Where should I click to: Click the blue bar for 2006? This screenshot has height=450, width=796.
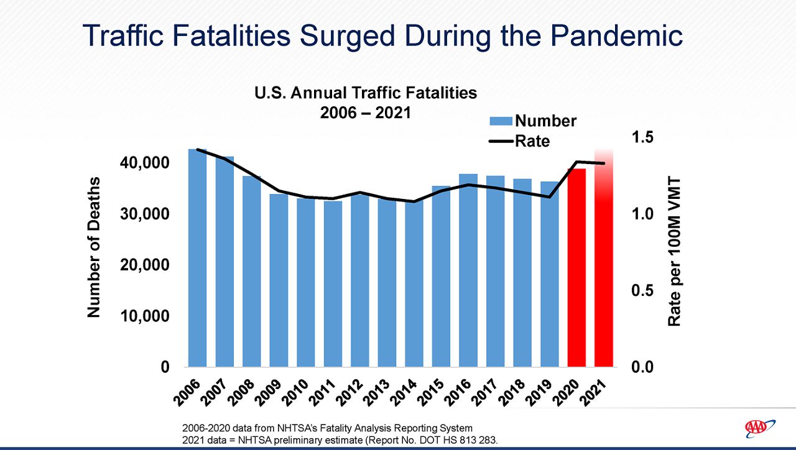(x=197, y=258)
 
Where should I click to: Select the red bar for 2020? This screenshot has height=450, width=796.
(x=576, y=267)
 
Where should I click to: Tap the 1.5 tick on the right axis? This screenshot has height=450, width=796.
(x=642, y=137)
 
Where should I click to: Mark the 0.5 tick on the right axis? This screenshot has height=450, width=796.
(x=642, y=291)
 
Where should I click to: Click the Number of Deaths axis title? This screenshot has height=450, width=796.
(x=94, y=247)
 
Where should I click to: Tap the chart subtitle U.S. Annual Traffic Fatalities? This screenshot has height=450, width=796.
(x=366, y=93)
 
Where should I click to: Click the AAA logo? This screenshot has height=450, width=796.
(x=759, y=428)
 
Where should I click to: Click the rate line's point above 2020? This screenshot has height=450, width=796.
(x=576, y=162)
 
